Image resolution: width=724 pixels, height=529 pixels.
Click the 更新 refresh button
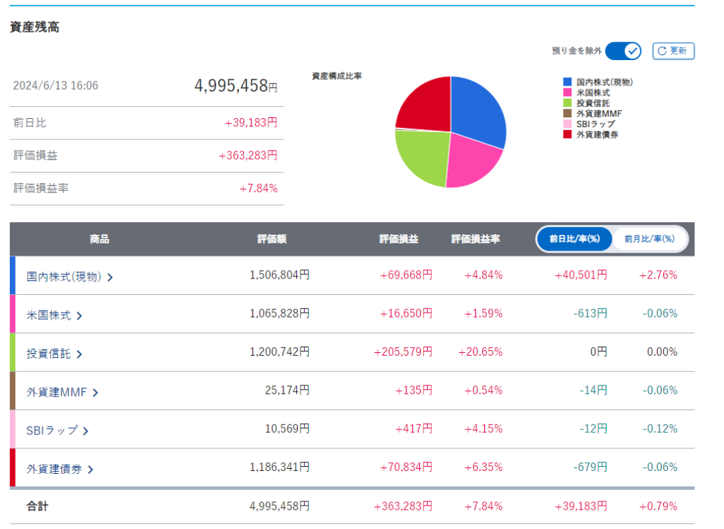[673, 51]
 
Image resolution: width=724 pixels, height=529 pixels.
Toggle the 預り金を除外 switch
[623, 51]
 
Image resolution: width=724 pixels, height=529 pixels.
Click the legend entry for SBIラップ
[595, 124]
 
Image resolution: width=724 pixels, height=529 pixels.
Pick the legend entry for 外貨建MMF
[598, 113]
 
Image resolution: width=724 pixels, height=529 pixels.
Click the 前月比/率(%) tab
[649, 239]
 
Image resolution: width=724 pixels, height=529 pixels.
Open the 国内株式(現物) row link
[69, 277]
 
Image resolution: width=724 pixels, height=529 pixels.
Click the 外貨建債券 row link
[59, 468]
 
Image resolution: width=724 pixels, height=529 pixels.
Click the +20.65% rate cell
[481, 352]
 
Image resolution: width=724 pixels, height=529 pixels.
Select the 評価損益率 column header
[475, 239]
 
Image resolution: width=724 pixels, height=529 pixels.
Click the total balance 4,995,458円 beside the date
[235, 86]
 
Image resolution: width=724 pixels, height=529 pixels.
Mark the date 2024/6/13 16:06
[56, 86]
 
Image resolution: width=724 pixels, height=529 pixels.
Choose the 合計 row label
[37, 506]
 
